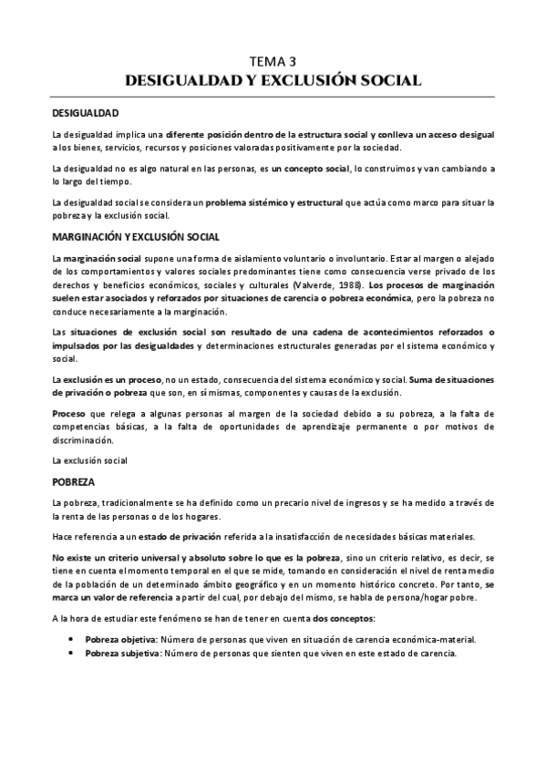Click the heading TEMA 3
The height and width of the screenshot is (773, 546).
click(x=273, y=62)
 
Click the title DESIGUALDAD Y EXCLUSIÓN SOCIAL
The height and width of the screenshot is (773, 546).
click(x=273, y=80)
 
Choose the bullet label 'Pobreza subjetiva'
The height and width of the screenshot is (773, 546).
click(x=122, y=654)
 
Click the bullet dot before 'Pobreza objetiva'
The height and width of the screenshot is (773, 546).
click(x=71, y=640)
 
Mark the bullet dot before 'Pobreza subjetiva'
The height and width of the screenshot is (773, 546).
click(x=71, y=654)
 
